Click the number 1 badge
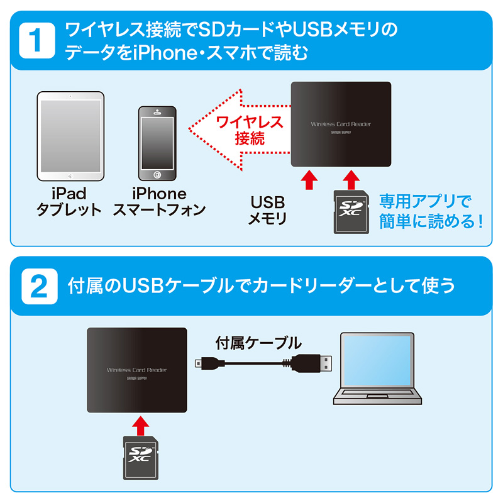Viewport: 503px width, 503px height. [x=37, y=40]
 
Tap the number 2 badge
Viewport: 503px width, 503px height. [x=40, y=287]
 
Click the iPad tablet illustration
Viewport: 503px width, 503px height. [x=70, y=136]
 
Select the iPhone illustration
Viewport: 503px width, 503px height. [x=157, y=143]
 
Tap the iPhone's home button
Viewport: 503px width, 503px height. [x=157, y=175]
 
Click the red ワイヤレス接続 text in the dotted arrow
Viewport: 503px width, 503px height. [x=250, y=131]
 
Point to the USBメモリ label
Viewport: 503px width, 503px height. [x=268, y=211]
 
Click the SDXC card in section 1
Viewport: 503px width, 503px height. [x=351, y=212]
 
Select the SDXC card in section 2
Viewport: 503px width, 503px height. [x=141, y=458]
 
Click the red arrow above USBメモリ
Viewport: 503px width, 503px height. [x=309, y=180]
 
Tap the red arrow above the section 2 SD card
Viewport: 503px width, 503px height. [x=141, y=426]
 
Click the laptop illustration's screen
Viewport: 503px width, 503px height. [x=377, y=360]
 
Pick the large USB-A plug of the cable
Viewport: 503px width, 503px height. [x=311, y=363]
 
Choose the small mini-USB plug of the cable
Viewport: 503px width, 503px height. [x=206, y=363]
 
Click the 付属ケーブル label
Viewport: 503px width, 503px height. [x=258, y=343]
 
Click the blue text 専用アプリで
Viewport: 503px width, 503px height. [x=426, y=202]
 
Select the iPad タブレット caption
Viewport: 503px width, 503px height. [x=69, y=202]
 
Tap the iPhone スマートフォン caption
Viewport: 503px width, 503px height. [x=159, y=202]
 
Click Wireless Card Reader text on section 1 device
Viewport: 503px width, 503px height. [x=341, y=124]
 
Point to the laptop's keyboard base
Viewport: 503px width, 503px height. [x=377, y=396]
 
